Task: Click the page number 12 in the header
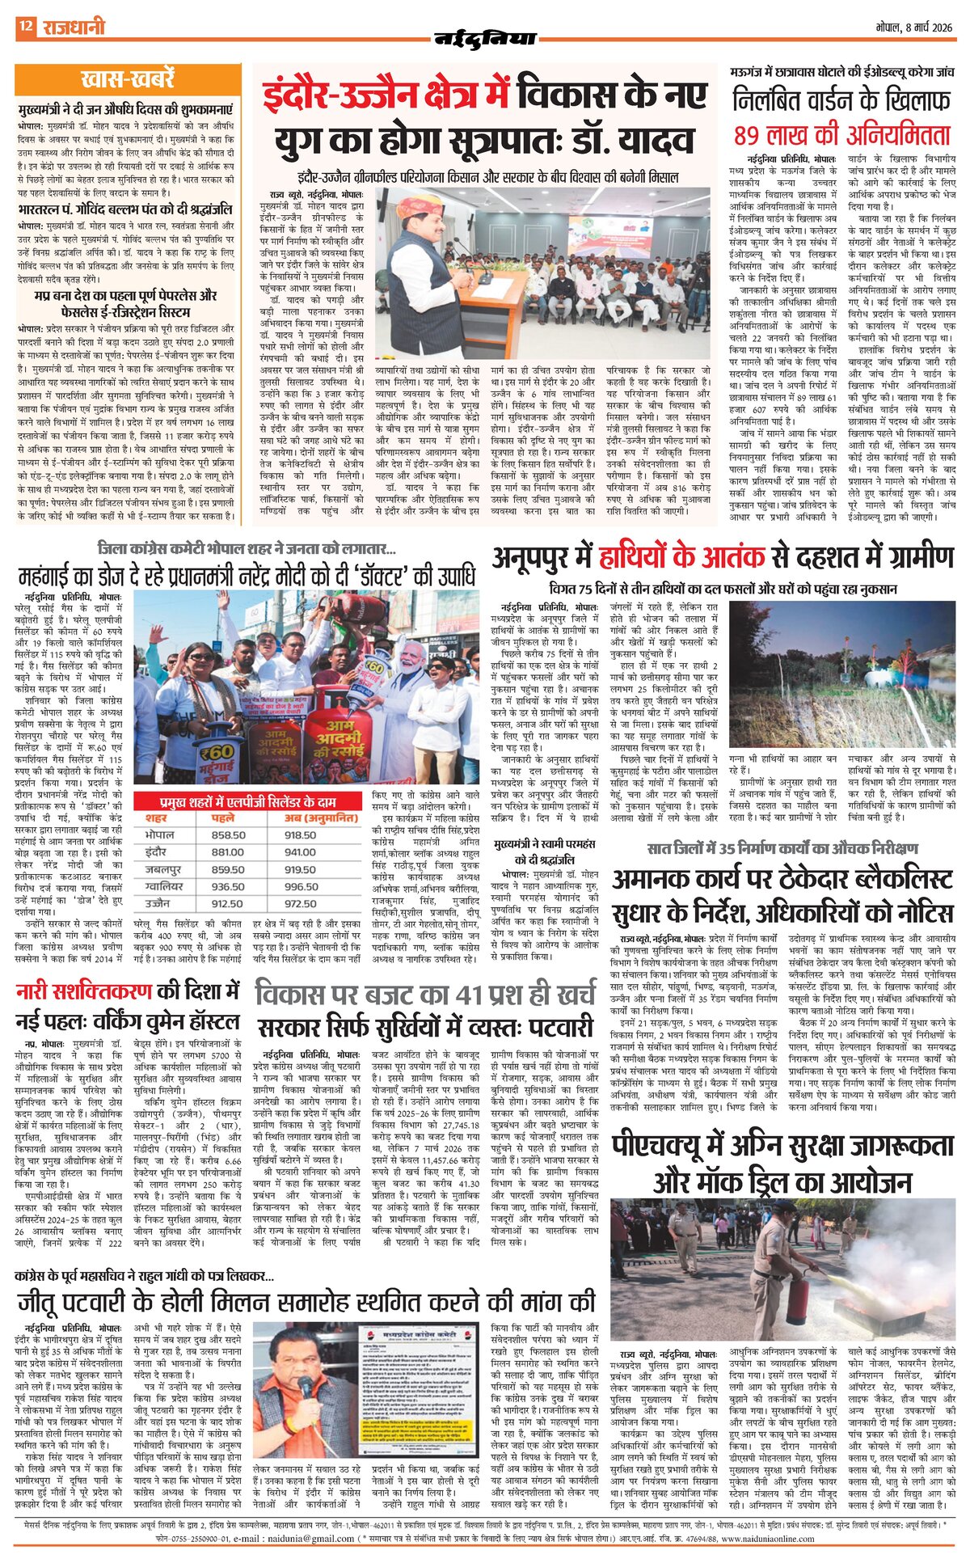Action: click(x=26, y=26)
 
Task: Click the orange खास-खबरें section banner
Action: click(x=128, y=79)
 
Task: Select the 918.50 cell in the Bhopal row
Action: click(x=300, y=835)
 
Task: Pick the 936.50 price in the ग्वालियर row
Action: click(x=228, y=886)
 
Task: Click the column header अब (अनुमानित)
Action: click(x=321, y=818)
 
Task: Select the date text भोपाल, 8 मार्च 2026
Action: click(x=914, y=27)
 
